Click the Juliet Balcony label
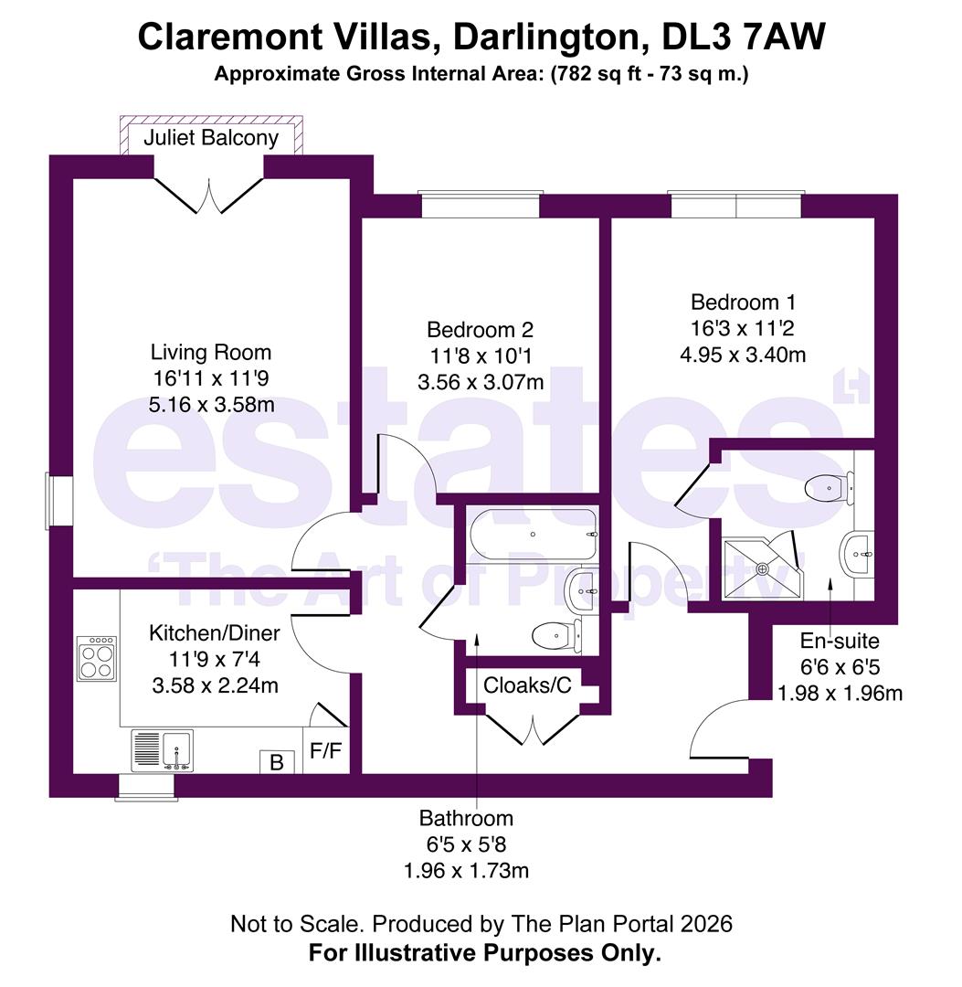pos(211,138)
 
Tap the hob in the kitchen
pos(97,658)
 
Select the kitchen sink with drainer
pos(163,750)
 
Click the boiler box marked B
pos(277,762)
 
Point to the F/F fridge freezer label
pos(326,750)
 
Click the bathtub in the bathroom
pos(534,535)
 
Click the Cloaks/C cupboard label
pos(527,685)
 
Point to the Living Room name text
pos(211,352)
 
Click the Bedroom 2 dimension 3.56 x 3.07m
pos(481,382)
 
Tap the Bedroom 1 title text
pos(743,302)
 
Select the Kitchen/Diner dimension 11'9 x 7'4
pos(215,659)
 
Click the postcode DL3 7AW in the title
pos(744,37)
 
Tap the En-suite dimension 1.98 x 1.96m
pos(840,693)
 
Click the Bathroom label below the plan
pos(466,818)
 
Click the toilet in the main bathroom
pos(557,636)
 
